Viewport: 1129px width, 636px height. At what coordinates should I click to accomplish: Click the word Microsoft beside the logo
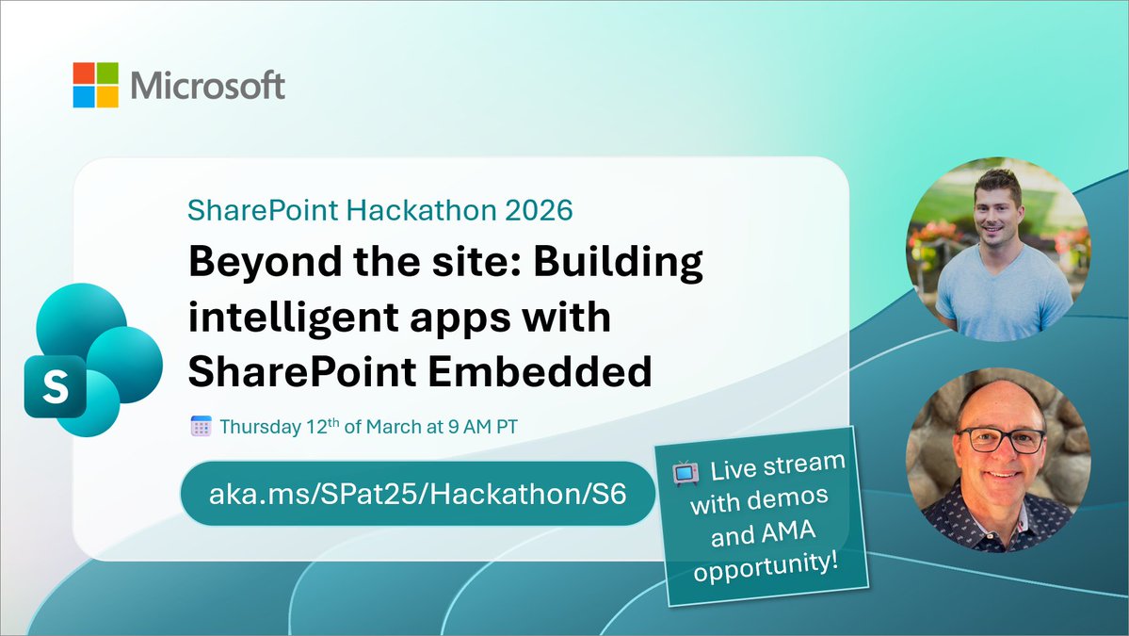pyautogui.click(x=207, y=86)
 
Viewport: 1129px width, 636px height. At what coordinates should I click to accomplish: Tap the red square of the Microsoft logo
pyautogui.click(x=84, y=73)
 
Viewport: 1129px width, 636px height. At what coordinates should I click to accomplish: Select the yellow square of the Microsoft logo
pyautogui.click(x=107, y=97)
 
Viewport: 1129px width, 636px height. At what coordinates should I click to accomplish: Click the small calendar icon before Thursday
pyautogui.click(x=201, y=426)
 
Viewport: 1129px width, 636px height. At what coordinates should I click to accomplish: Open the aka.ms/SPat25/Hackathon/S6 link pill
pyautogui.click(x=417, y=493)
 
